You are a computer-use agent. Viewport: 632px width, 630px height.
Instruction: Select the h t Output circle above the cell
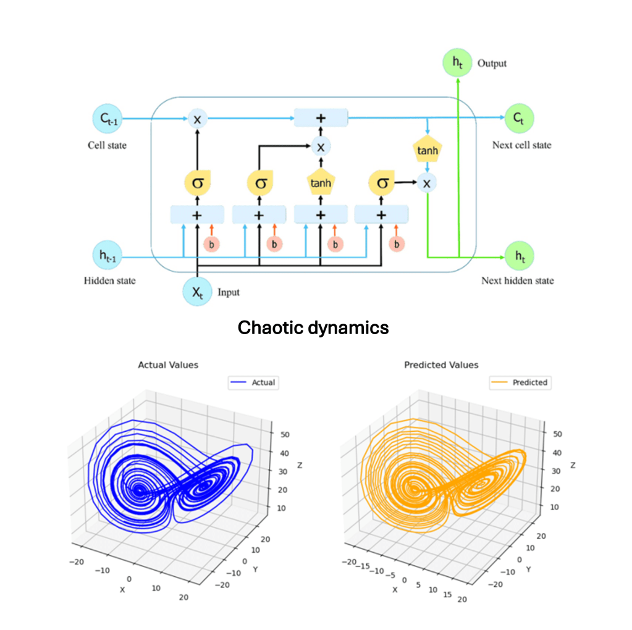tap(457, 62)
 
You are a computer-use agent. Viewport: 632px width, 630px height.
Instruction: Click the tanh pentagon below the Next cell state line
tap(426, 149)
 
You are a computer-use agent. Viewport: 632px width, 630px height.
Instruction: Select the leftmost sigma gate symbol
tap(197, 183)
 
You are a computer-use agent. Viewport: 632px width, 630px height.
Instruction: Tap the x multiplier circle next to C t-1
tap(197, 119)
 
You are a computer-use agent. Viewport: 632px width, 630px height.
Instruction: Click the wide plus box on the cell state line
tap(321, 118)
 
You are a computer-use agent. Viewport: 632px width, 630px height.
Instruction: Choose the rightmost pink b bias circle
tap(397, 245)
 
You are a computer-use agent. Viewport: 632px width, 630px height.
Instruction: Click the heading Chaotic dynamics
tap(313, 327)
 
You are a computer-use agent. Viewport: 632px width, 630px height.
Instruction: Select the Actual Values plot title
tap(168, 365)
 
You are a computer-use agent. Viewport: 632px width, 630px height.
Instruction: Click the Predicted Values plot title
tap(441, 365)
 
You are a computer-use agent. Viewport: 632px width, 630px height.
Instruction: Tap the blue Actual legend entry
tap(254, 383)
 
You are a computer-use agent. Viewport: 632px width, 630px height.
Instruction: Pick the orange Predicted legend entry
tap(520, 383)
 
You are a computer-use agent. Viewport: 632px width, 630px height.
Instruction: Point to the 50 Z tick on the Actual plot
tap(285, 435)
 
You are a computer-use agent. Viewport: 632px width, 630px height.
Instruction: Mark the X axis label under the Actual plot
tap(122, 590)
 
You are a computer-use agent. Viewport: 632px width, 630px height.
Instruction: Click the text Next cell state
tap(521, 145)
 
